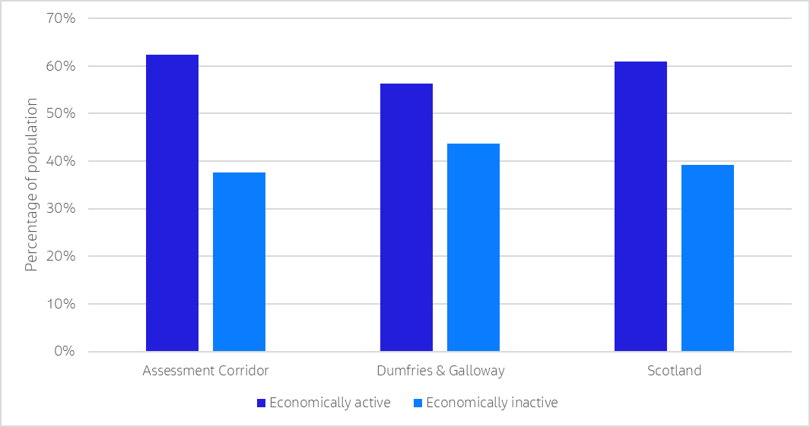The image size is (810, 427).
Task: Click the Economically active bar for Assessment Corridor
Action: [172, 203]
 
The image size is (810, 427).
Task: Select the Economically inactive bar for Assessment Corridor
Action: [239, 262]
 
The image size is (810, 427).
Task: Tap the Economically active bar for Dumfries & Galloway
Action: [406, 217]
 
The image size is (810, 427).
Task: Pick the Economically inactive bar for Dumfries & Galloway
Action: [473, 248]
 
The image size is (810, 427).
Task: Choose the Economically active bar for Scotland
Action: [640, 207]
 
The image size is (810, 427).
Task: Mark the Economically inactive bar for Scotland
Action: [707, 258]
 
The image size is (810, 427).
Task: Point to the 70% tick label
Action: [60, 18]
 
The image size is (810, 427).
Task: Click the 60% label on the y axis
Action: [60, 66]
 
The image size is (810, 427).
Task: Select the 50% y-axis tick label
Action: [60, 114]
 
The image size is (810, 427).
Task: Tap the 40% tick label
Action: [60, 161]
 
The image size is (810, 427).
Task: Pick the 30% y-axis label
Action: [60, 209]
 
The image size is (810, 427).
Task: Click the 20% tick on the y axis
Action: [60, 256]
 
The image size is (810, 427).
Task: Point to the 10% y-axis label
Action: [60, 304]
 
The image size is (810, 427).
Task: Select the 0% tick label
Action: [64, 352]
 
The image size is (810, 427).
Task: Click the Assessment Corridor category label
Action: [205, 372]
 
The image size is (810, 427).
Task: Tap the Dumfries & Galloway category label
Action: [440, 372]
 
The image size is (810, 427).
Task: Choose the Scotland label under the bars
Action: [674, 372]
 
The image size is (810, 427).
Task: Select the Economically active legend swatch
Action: [261, 403]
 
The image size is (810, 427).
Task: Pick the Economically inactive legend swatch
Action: [418, 403]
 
